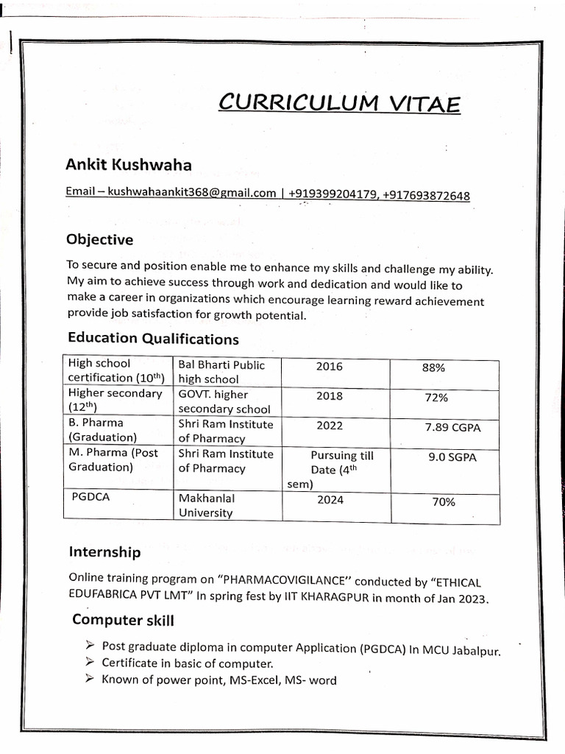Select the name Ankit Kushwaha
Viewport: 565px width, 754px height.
(129, 165)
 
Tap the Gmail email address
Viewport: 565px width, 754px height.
(191, 193)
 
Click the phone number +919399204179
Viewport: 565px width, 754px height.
(333, 194)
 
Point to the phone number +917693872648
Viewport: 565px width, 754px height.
(426, 196)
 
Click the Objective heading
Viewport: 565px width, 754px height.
(99, 239)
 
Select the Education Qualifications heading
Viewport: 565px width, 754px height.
(153, 338)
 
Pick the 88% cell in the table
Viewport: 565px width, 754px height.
(433, 368)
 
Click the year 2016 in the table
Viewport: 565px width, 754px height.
(329, 367)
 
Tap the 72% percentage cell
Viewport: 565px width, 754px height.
(436, 398)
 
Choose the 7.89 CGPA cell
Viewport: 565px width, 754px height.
(452, 428)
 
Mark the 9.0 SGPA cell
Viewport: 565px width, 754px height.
(452, 457)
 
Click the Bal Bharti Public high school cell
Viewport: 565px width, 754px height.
(221, 372)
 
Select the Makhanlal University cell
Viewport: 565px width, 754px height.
(207, 505)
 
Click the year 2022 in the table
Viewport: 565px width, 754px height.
(329, 426)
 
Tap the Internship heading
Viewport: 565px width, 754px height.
(104, 552)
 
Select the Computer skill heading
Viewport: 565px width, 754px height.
(123, 620)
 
